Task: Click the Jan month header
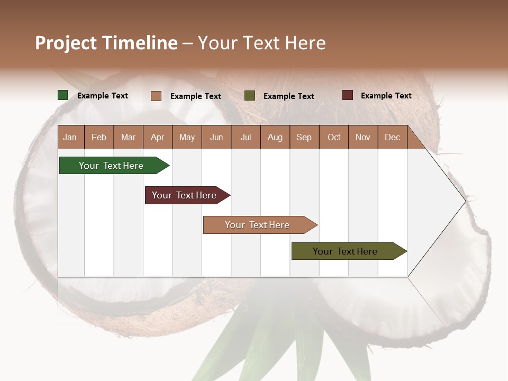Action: tap(70, 137)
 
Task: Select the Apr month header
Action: tap(158, 137)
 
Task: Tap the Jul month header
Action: tap(246, 137)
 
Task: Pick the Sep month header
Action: tap(304, 137)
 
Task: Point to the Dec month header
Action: tap(392, 137)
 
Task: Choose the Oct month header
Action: tap(334, 137)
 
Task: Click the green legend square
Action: tap(63, 95)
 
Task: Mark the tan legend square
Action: tap(156, 96)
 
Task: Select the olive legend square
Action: tap(250, 96)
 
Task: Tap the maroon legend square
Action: tap(348, 95)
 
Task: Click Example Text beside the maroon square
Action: tap(386, 96)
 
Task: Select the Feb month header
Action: tap(99, 137)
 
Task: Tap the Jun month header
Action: tap(216, 137)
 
